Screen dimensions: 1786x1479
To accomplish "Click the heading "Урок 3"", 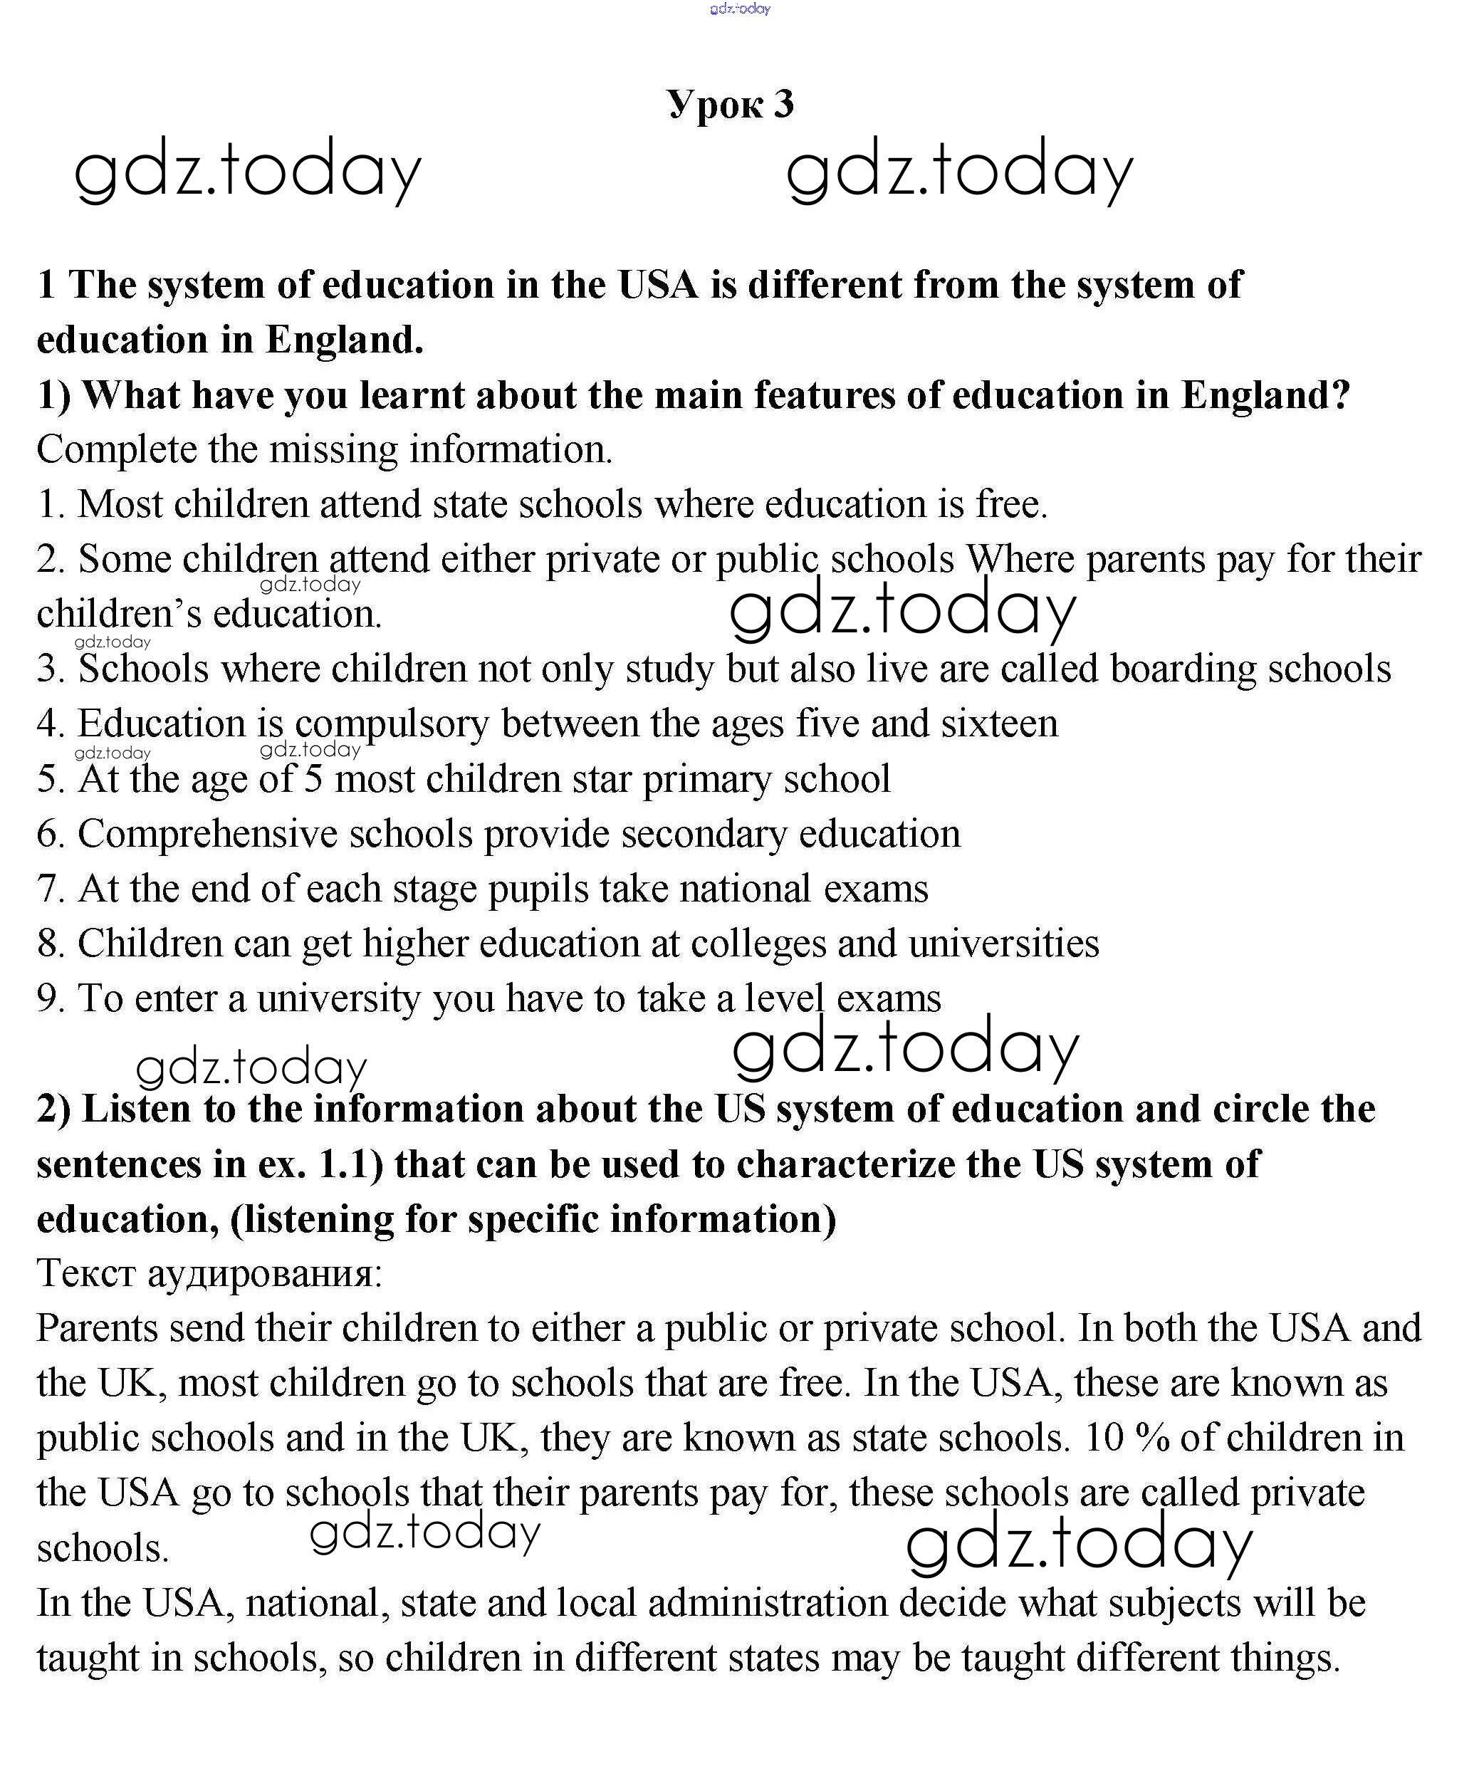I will point(730,104).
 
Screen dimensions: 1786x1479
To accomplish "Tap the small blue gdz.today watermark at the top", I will point(740,9).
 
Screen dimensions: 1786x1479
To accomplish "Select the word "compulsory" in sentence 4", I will point(392,724).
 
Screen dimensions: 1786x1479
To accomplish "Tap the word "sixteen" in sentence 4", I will point(999,724).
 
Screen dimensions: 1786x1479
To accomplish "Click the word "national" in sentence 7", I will point(745,889).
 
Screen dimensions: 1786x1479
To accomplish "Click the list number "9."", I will point(51,998).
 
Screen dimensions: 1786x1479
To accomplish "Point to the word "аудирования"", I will point(264,1273).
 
